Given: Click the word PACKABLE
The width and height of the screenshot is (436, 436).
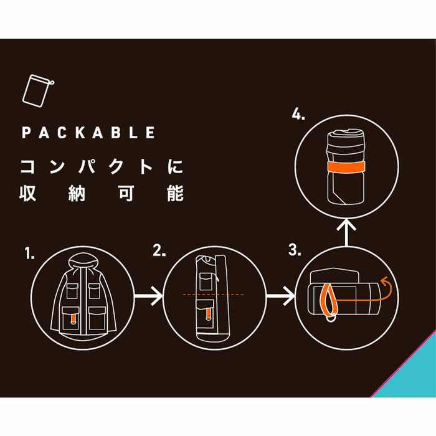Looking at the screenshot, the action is point(88,132).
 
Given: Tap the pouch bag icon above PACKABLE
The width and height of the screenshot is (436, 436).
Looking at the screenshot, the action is point(38,91).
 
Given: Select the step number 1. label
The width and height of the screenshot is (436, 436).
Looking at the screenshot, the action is point(29,254).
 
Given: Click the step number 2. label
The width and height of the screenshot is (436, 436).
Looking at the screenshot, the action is point(159,250).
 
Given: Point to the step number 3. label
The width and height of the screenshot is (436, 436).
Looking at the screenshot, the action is point(295,250).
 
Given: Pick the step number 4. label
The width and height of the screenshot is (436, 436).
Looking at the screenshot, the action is point(298,114).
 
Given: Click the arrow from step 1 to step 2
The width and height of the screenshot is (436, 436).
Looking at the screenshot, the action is point(148,296).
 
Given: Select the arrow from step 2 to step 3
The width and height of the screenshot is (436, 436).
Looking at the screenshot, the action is point(280,296).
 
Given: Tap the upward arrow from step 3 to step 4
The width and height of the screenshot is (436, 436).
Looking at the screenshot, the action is point(346,233).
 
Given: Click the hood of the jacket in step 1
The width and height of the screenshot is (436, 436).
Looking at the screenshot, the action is point(83,262).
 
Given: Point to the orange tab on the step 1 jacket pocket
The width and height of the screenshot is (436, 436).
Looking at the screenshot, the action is point(73,319).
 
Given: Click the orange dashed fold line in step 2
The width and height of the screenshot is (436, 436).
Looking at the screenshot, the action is point(213,295).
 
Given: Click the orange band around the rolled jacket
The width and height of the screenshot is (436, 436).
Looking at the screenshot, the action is point(346,167).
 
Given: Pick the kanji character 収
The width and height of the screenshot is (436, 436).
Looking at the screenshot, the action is point(28,192).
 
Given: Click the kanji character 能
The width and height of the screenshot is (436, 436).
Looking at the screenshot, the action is point(175,192).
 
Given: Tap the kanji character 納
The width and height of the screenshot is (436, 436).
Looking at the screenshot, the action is point(77,192).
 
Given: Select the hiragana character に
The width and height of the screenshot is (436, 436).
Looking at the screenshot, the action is point(175,166).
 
